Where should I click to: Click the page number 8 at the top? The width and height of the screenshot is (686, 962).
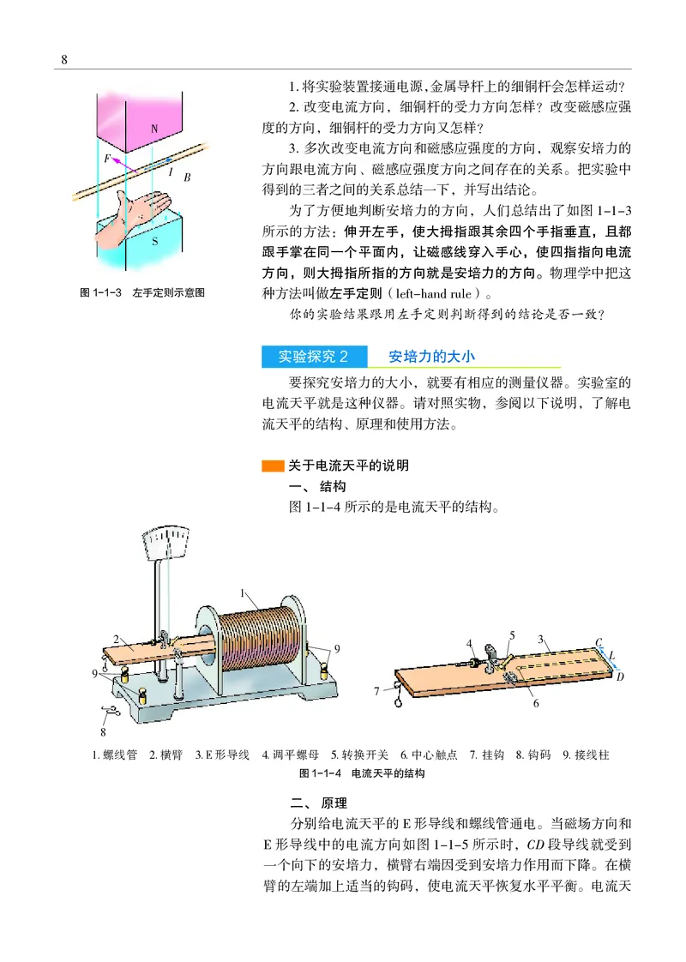coord(64,59)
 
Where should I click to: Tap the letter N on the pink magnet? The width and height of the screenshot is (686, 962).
coord(154,129)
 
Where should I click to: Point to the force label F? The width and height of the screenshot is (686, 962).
coord(106,159)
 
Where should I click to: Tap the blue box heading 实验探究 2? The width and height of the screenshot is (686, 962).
coord(313,356)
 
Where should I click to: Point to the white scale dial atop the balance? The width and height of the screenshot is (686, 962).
coord(168,543)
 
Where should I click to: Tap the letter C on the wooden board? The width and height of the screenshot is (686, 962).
coord(599,642)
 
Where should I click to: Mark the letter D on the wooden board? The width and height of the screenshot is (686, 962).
coord(620,676)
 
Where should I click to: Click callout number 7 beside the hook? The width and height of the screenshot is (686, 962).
coord(376,690)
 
